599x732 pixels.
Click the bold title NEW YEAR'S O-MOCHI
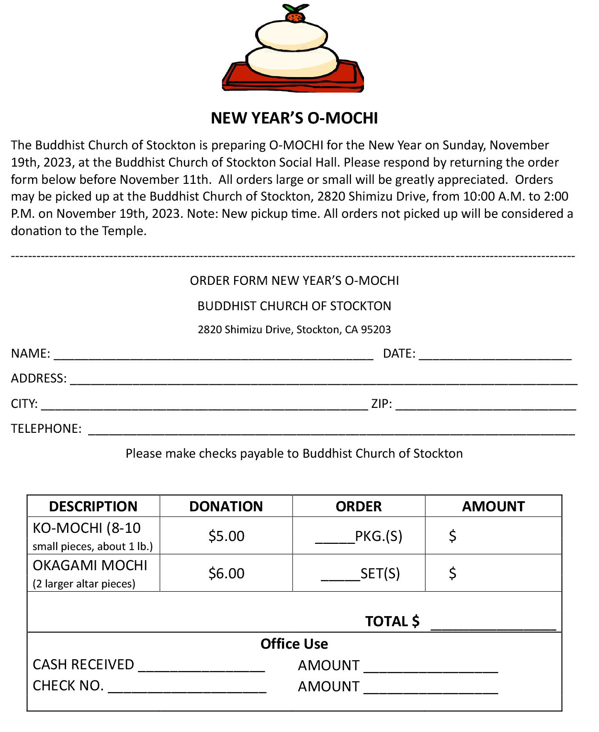coord(294,118)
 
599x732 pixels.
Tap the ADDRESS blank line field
coord(324,380)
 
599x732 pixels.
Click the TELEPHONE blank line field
coord(331,430)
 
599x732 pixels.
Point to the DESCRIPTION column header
coord(93,507)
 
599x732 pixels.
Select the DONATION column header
coord(226,507)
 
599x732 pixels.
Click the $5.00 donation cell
coord(226,536)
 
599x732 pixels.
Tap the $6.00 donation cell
coord(226,574)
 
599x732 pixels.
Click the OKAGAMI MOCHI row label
coord(90,566)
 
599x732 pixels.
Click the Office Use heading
coord(294,644)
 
